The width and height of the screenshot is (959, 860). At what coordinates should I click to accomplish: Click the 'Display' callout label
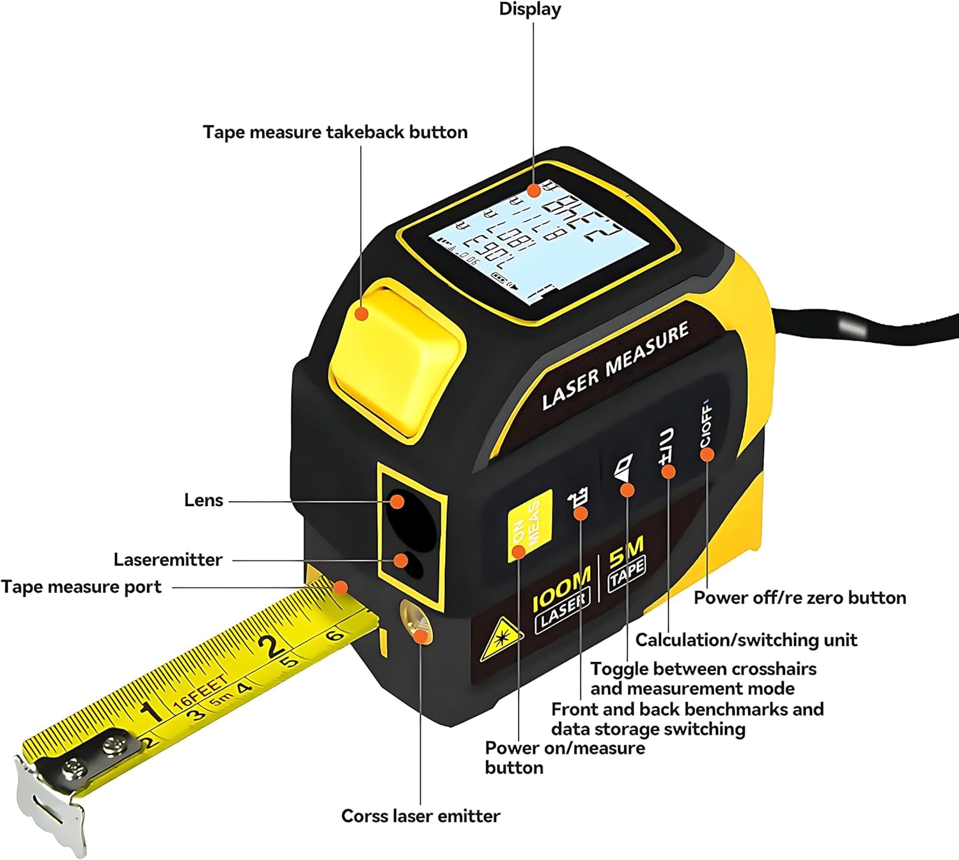(529, 10)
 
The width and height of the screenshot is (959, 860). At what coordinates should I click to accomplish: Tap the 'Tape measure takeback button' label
(335, 132)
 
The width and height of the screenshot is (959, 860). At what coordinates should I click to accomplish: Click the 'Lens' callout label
(203, 500)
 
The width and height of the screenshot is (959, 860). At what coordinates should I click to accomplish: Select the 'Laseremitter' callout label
(168, 560)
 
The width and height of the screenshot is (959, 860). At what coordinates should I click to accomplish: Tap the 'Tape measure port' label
(81, 587)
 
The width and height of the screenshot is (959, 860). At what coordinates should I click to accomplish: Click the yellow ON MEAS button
(529, 526)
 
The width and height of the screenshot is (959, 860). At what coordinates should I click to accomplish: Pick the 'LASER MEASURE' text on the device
(615, 366)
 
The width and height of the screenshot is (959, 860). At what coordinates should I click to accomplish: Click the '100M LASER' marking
(562, 598)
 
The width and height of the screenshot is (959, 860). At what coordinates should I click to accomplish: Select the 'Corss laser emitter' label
(420, 816)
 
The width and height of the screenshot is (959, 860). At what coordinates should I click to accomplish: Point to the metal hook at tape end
(51, 806)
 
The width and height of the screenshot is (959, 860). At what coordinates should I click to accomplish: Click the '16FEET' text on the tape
(199, 692)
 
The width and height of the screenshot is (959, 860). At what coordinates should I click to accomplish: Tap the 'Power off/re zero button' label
(800, 598)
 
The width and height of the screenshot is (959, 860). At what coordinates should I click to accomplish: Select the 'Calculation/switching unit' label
(746, 640)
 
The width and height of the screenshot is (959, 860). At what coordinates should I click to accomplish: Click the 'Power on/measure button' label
(565, 758)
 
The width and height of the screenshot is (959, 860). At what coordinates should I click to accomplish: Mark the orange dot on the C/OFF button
(706, 454)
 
